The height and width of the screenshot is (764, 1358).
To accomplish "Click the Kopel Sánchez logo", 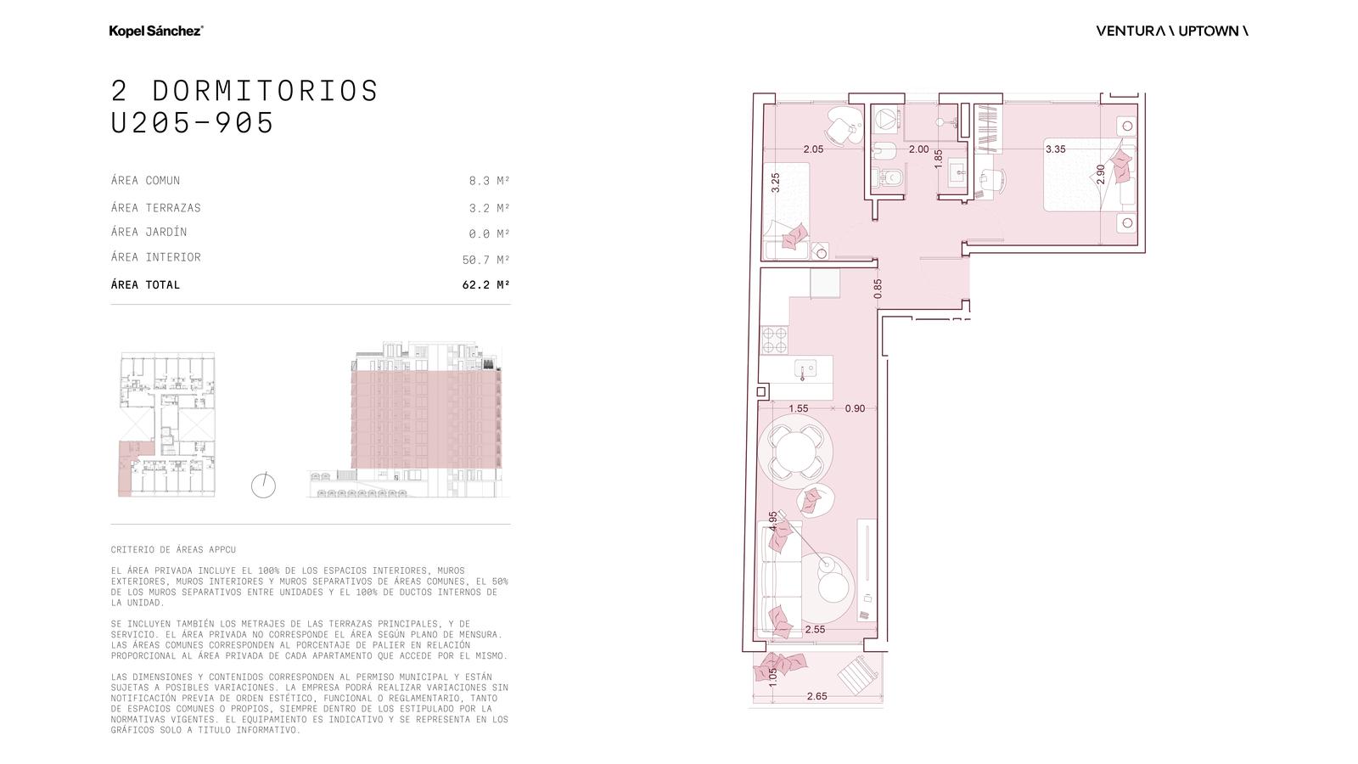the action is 156,31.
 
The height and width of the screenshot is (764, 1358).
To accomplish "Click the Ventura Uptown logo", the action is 1172,31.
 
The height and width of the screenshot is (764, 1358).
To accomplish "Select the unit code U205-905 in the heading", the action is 192,122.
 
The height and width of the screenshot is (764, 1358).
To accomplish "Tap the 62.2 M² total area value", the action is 485,284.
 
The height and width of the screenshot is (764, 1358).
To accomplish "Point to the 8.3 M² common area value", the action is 489,180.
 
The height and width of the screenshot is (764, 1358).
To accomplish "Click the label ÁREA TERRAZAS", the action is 156,207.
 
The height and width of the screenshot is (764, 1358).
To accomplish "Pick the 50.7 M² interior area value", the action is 485,260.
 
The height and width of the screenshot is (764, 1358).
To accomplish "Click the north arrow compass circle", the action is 263,486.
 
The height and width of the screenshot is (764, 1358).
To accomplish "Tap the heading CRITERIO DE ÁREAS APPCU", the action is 173,549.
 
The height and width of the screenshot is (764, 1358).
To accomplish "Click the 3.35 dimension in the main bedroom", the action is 1056,149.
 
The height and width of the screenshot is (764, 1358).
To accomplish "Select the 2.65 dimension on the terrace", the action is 816,696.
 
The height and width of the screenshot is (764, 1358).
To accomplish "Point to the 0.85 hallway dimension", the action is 878,289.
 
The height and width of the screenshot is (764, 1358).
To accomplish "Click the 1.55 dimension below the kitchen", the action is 799,408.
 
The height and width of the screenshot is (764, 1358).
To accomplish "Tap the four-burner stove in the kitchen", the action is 774,340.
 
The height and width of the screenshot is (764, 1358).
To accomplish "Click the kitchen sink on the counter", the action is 805,368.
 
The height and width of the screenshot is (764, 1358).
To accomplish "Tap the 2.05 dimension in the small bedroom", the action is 813,149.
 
